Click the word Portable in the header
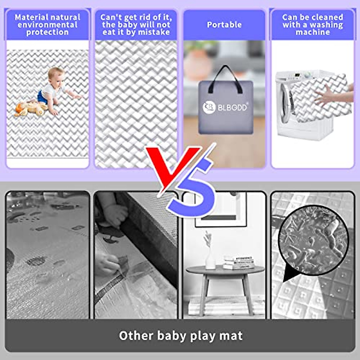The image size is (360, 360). coord(224,25)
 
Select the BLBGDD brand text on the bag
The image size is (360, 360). coord(232,107)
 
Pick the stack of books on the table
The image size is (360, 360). coord(238,262)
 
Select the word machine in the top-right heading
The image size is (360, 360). coord(313,32)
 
